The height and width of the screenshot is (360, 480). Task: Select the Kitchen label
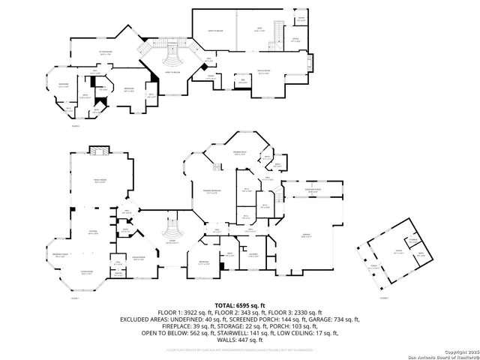[94, 232]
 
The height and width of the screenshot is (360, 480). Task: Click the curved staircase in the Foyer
[172, 224]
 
